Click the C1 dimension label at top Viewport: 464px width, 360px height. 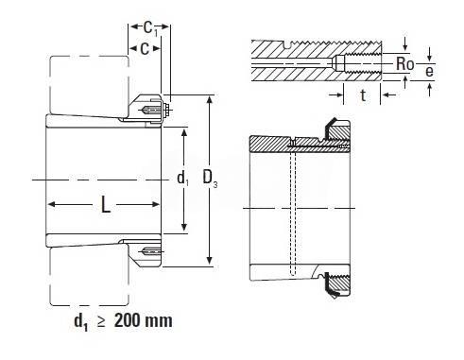click(150, 28)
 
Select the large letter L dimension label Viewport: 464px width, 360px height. click(106, 204)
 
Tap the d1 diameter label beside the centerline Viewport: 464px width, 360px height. click(182, 179)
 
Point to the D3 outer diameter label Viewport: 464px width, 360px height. click(210, 178)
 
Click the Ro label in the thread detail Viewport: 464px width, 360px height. click(404, 64)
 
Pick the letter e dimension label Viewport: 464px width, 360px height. click(429, 71)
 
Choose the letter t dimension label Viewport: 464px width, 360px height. click(363, 95)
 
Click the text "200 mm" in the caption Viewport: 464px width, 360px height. click(144, 321)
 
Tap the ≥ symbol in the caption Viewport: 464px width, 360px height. click(101, 322)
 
